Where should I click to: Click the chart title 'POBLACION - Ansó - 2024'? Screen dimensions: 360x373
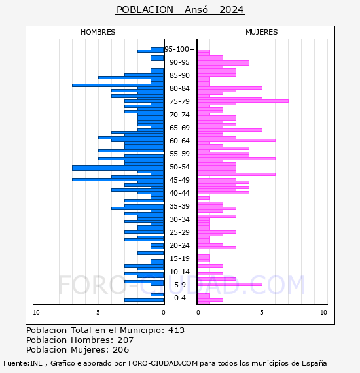click(x=180, y=10)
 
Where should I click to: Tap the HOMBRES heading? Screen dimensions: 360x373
click(x=98, y=32)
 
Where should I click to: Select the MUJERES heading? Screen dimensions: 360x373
click(x=262, y=32)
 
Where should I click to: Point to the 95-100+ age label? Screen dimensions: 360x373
click(x=179, y=49)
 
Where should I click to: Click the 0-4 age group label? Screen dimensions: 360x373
click(x=179, y=298)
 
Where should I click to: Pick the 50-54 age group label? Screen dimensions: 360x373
click(x=179, y=167)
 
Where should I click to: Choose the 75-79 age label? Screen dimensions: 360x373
click(x=179, y=101)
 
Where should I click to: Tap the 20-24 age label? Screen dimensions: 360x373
click(x=179, y=245)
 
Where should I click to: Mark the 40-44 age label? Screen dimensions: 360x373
click(x=179, y=193)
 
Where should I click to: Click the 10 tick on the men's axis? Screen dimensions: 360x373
click(x=36, y=313)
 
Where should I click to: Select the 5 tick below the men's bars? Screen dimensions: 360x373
click(x=98, y=313)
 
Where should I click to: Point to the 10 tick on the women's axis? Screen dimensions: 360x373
click(x=323, y=313)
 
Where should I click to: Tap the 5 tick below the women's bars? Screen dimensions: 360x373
click(x=262, y=313)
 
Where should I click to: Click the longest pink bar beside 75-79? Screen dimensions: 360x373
click(x=243, y=101)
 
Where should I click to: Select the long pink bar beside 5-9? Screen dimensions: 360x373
click(x=230, y=284)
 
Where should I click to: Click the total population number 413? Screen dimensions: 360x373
click(x=176, y=330)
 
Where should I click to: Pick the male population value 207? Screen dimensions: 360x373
click(x=126, y=340)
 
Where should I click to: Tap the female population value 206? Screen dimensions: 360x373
click(x=121, y=349)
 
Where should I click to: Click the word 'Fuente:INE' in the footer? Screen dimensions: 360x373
click(x=23, y=363)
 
